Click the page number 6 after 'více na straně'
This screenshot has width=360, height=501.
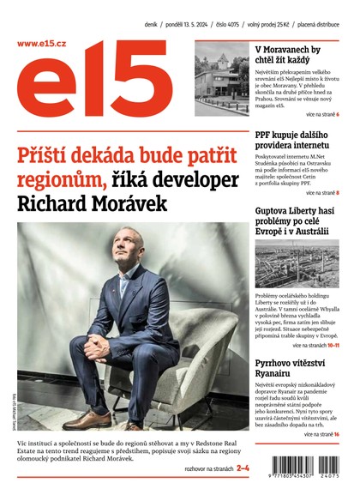click(337, 114)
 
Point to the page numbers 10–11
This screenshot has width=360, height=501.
click(331, 345)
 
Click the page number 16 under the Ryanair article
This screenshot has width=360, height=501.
click(336, 435)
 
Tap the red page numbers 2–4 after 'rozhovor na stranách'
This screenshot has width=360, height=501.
click(243, 468)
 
